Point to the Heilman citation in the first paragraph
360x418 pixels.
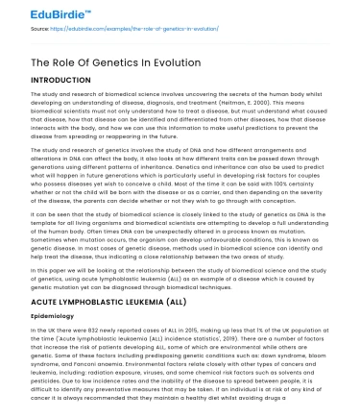coord(202,102)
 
